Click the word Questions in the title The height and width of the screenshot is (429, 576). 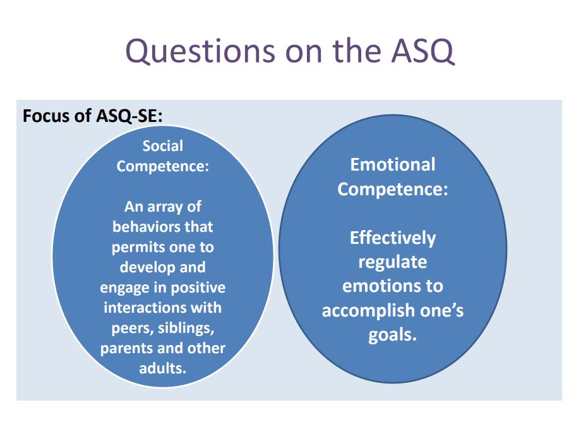pos(200,51)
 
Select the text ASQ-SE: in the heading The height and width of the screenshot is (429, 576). pos(129,116)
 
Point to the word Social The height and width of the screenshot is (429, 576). pos(163,146)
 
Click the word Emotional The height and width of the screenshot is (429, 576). pos(393,164)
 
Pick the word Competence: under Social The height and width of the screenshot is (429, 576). pos(163,167)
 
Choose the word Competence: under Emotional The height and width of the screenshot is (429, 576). pos(393,190)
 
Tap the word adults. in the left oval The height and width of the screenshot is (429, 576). pos(163,368)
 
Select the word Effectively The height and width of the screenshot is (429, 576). pos(393,238)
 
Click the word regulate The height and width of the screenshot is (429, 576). pos(393,262)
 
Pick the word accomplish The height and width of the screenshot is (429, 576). pos(369,311)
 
